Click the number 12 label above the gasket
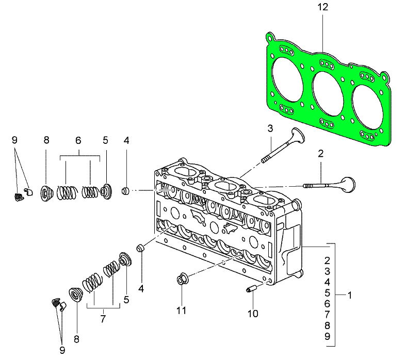click(323, 7)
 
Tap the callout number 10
click(253, 313)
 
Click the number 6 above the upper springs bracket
click(78, 140)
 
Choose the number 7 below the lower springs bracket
click(103, 319)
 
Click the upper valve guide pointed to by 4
click(125, 191)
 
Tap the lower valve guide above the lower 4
click(139, 249)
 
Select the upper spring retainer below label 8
click(46, 194)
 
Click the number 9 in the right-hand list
click(327, 336)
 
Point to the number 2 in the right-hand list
click(327, 259)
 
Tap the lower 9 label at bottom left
click(62, 350)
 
